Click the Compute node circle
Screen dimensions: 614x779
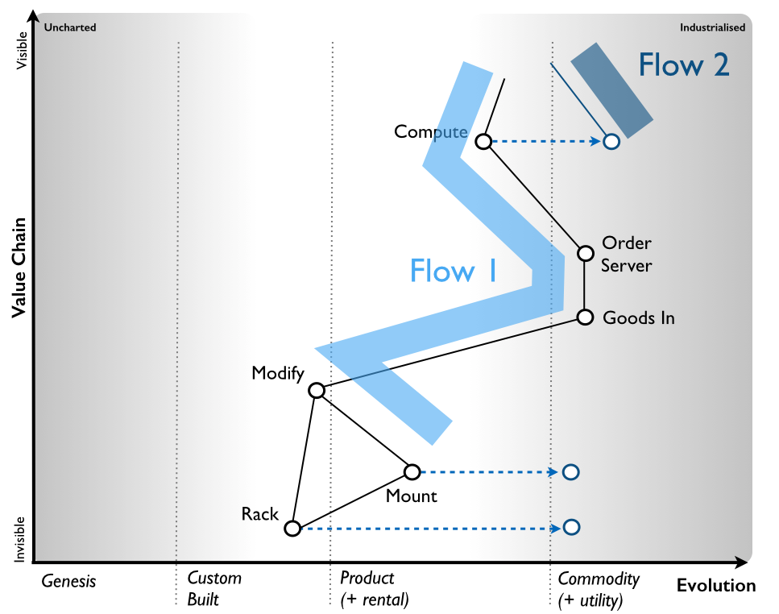point(483,142)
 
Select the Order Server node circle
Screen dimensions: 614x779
point(586,253)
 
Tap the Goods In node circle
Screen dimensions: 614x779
point(586,317)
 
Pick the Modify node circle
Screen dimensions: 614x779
point(317,391)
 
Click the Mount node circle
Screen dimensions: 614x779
point(412,471)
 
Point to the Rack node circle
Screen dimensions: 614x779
point(292,529)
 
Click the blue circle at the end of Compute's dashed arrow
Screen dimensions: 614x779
point(611,142)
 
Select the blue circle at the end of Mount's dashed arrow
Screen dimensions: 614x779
point(571,471)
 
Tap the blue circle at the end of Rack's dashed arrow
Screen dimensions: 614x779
point(571,528)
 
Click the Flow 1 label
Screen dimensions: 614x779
point(453,271)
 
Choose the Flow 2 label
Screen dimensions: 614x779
point(684,64)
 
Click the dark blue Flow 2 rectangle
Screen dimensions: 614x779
point(611,89)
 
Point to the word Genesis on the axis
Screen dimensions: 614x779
point(68,579)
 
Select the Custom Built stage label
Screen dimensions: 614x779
point(213,589)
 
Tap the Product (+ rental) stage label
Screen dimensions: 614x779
point(374,589)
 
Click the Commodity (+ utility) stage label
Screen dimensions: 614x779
point(598,589)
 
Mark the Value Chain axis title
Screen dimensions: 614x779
point(20,268)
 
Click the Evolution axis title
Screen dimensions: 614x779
point(715,586)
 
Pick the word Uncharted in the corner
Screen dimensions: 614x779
point(70,27)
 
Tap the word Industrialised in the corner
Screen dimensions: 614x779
point(712,27)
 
